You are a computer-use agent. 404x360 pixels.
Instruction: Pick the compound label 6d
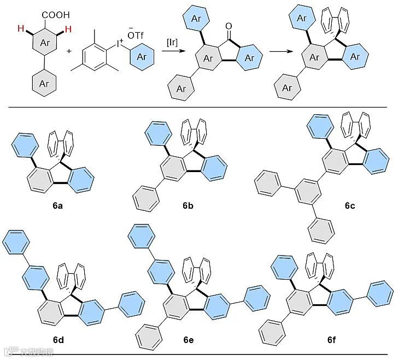(x=58, y=339)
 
